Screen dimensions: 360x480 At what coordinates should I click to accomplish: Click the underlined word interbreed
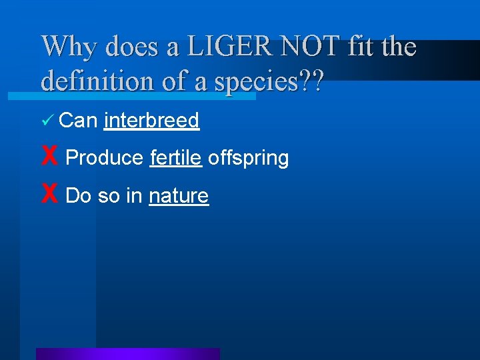pos(152,120)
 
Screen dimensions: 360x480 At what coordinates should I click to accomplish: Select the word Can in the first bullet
pos(79,120)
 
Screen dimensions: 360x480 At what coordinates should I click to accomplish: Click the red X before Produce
pos(49,157)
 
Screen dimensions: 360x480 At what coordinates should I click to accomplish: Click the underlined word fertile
pos(176,158)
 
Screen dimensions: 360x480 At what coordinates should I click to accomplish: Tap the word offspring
pos(248,159)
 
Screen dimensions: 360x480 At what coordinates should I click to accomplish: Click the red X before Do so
pos(49,195)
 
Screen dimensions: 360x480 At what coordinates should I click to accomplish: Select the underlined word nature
pos(179,196)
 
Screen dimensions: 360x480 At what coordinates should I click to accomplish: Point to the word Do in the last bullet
pos(79,195)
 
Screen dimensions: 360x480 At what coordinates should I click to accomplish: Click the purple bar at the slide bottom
pos(128,354)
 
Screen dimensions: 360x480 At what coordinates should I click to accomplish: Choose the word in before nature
pos(134,195)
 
